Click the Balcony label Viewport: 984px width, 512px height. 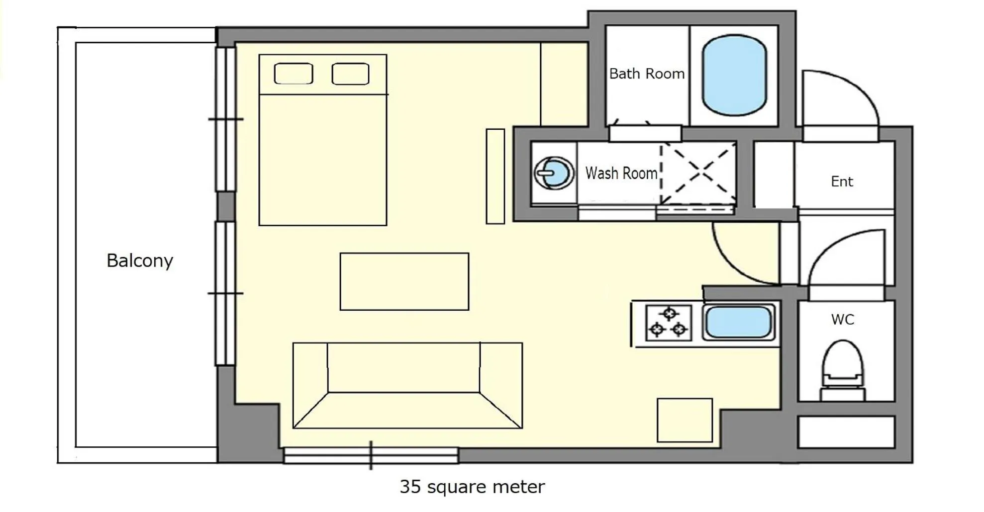[x=140, y=260]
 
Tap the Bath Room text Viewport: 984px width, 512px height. [x=647, y=74]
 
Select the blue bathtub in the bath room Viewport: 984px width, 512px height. [x=734, y=75]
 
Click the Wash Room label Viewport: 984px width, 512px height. [x=621, y=173]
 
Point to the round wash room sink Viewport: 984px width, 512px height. [x=554, y=173]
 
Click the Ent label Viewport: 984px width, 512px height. [x=842, y=181]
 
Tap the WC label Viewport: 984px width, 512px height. [x=842, y=319]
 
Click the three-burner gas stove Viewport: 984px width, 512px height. [x=668, y=323]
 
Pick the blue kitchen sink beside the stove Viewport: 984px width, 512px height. [x=738, y=322]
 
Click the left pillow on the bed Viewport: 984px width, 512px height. [x=294, y=74]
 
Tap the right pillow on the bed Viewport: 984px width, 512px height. [x=351, y=74]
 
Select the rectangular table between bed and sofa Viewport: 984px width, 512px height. [x=404, y=281]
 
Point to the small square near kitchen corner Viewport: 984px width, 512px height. [x=685, y=420]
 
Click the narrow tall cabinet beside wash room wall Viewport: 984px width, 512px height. [x=495, y=176]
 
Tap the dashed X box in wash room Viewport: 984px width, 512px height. [x=698, y=173]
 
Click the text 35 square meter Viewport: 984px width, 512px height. [x=472, y=486]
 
